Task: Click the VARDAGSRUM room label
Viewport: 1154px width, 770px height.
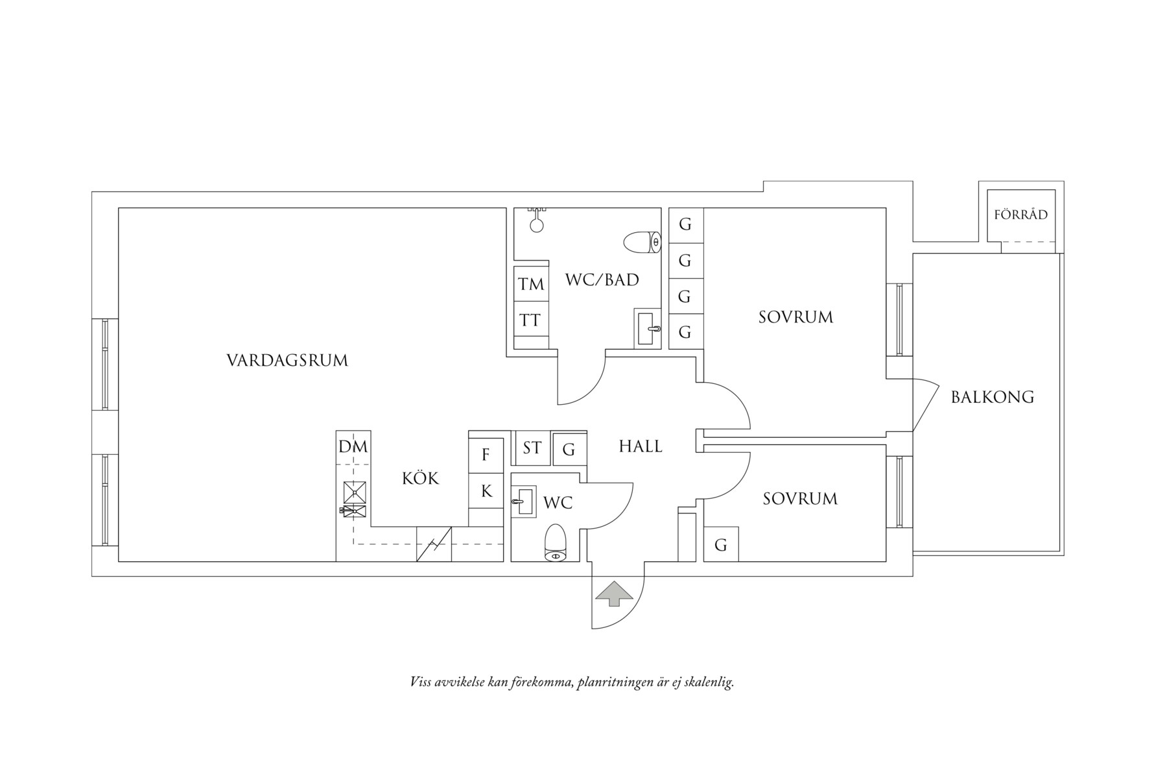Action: coord(287,361)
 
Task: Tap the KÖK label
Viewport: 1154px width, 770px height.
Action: coord(420,479)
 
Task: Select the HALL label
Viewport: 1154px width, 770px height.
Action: coord(640,446)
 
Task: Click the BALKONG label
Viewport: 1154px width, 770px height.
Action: coord(992,397)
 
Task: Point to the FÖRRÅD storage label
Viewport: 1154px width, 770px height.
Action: coord(1020,215)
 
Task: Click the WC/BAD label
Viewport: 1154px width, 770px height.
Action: coord(602,280)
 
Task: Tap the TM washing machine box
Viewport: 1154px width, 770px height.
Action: coord(531,284)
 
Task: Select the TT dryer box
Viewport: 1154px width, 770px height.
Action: coord(530,320)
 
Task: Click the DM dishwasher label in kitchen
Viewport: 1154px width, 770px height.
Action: coord(353,447)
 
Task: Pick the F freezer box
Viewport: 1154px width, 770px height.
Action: coord(486,455)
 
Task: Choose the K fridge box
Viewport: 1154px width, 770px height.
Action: coord(486,492)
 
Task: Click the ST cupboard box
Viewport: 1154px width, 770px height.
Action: coord(532,448)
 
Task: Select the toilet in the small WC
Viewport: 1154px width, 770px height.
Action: coord(556,542)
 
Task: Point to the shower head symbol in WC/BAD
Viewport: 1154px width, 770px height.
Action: coord(537,221)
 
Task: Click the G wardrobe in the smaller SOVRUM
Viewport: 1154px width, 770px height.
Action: coord(720,545)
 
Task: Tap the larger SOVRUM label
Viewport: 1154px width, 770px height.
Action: coord(795,318)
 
